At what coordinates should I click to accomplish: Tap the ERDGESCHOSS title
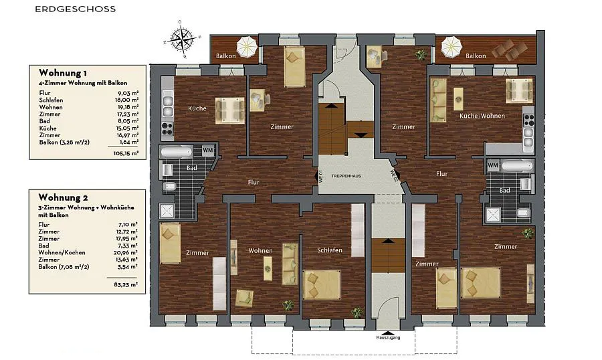click(75, 9)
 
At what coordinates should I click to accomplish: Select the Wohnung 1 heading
click(63, 73)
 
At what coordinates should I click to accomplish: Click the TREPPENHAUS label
click(346, 176)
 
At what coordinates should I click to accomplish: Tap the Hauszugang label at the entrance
click(388, 338)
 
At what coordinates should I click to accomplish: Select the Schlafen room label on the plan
click(329, 250)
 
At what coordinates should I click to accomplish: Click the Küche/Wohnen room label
click(482, 116)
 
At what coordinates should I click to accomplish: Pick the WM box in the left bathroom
click(208, 150)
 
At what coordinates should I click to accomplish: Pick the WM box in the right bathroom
click(493, 165)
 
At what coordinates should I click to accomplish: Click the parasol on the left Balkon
click(246, 46)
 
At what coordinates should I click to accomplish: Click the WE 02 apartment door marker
click(393, 177)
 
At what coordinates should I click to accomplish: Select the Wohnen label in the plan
click(260, 251)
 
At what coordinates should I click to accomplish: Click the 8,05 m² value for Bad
click(128, 121)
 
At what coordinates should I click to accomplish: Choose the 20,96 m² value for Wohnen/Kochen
click(126, 252)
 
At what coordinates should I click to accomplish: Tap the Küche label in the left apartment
click(197, 108)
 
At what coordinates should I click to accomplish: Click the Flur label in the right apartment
click(442, 174)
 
